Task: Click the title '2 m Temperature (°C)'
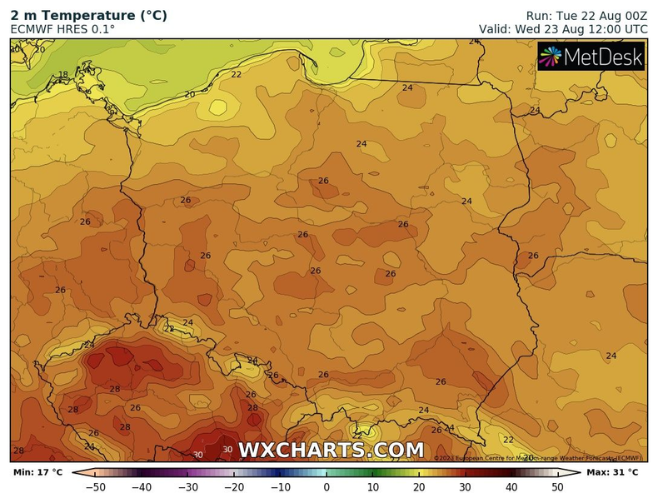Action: click(88, 15)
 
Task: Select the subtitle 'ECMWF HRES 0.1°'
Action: click(62, 29)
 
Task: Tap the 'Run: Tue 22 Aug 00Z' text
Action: click(586, 15)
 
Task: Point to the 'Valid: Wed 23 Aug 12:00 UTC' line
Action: click(562, 29)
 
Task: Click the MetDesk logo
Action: click(591, 57)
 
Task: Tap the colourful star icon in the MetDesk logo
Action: click(551, 57)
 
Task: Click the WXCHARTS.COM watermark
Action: click(331, 450)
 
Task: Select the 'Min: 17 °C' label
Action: click(37, 472)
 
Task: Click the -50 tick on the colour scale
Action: click(95, 486)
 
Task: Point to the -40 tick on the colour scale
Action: click(141, 486)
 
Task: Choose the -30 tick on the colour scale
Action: click(187, 486)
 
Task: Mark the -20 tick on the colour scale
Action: click(233, 486)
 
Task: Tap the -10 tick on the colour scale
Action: click(280, 486)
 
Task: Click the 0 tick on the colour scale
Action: click(327, 486)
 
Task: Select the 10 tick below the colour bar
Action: click(372, 486)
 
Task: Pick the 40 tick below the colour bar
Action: click(511, 486)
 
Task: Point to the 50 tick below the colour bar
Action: click(557, 486)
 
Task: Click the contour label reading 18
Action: click(63, 75)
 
